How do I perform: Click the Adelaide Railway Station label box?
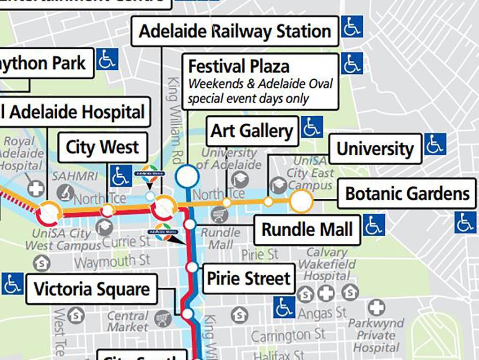pyautogui.click(x=235, y=31)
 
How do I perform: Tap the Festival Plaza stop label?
pyautogui.click(x=260, y=82)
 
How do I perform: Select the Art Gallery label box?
pyautogui.click(x=252, y=131)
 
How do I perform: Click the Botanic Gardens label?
pyautogui.click(x=407, y=194)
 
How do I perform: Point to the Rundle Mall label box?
pyautogui.click(x=307, y=230)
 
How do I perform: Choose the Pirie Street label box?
pyautogui.click(x=248, y=279)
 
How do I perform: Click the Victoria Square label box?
pyautogui.click(x=91, y=289)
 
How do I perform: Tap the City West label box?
pyautogui.click(x=102, y=147)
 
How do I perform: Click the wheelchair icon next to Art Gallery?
pyautogui.click(x=312, y=127)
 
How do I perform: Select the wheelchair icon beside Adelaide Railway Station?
pyautogui.click(x=352, y=27)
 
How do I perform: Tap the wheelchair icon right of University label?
pyautogui.click(x=435, y=144)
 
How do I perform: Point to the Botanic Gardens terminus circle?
pyautogui.click(x=301, y=202)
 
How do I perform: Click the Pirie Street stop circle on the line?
pyautogui.click(x=192, y=267)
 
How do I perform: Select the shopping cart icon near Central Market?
pyautogui.click(x=163, y=319)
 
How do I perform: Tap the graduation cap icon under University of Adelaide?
pyautogui.click(x=239, y=179)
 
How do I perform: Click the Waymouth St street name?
pyautogui.click(x=112, y=262)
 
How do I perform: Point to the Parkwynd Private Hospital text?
pyautogui.click(x=376, y=336)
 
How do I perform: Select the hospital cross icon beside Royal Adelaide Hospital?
pyautogui.click(x=36, y=189)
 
